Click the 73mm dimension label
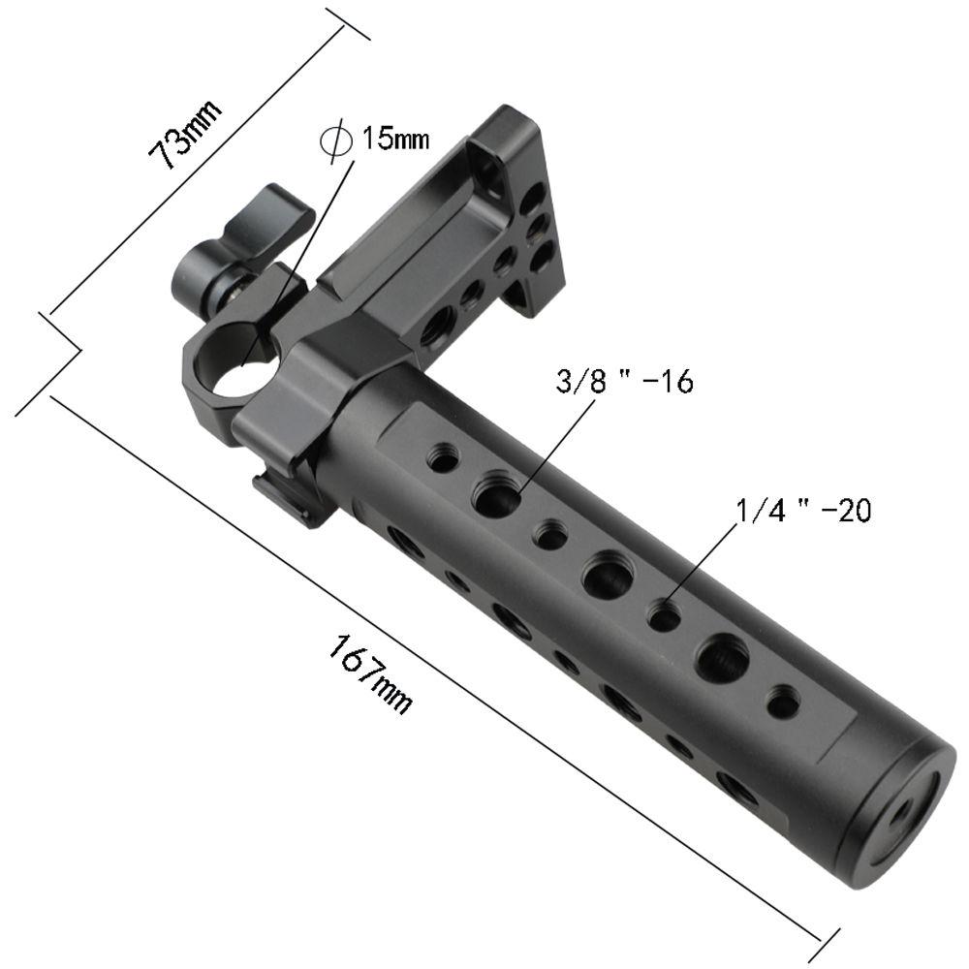point(185,132)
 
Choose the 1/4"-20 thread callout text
point(804,511)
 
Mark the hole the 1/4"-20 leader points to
point(664,616)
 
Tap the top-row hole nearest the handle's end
point(782,701)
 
